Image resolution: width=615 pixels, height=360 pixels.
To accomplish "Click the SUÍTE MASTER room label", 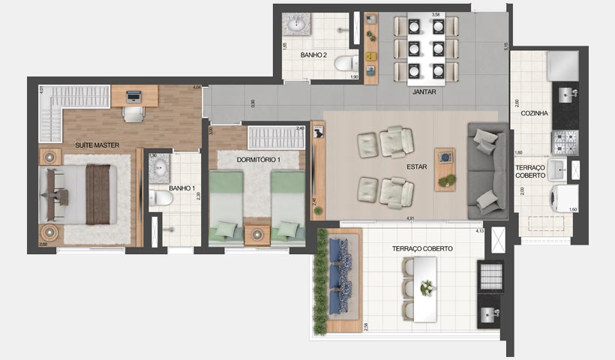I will click(x=97, y=144).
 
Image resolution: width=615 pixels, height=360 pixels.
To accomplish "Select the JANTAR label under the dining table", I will click(x=424, y=92).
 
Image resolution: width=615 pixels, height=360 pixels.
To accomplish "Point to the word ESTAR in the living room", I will click(x=418, y=167).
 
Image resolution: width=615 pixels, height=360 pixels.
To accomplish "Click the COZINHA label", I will click(x=534, y=113).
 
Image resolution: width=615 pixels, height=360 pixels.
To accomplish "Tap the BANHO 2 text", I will click(x=313, y=55).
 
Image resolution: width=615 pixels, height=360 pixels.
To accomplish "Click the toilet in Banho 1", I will click(x=161, y=198).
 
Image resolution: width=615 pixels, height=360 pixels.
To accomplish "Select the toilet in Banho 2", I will click(x=346, y=63).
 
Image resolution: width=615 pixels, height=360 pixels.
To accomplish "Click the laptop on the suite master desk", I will click(x=133, y=96).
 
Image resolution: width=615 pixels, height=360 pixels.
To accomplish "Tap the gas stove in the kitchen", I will click(x=565, y=142).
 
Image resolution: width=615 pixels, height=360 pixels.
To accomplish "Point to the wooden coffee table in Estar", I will click(x=445, y=169).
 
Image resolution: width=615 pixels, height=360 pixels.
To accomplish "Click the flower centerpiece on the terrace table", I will click(x=427, y=288).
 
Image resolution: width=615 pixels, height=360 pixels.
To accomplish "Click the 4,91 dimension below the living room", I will click(x=410, y=218).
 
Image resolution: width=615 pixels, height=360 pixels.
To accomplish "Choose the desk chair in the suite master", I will click(x=133, y=114).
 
